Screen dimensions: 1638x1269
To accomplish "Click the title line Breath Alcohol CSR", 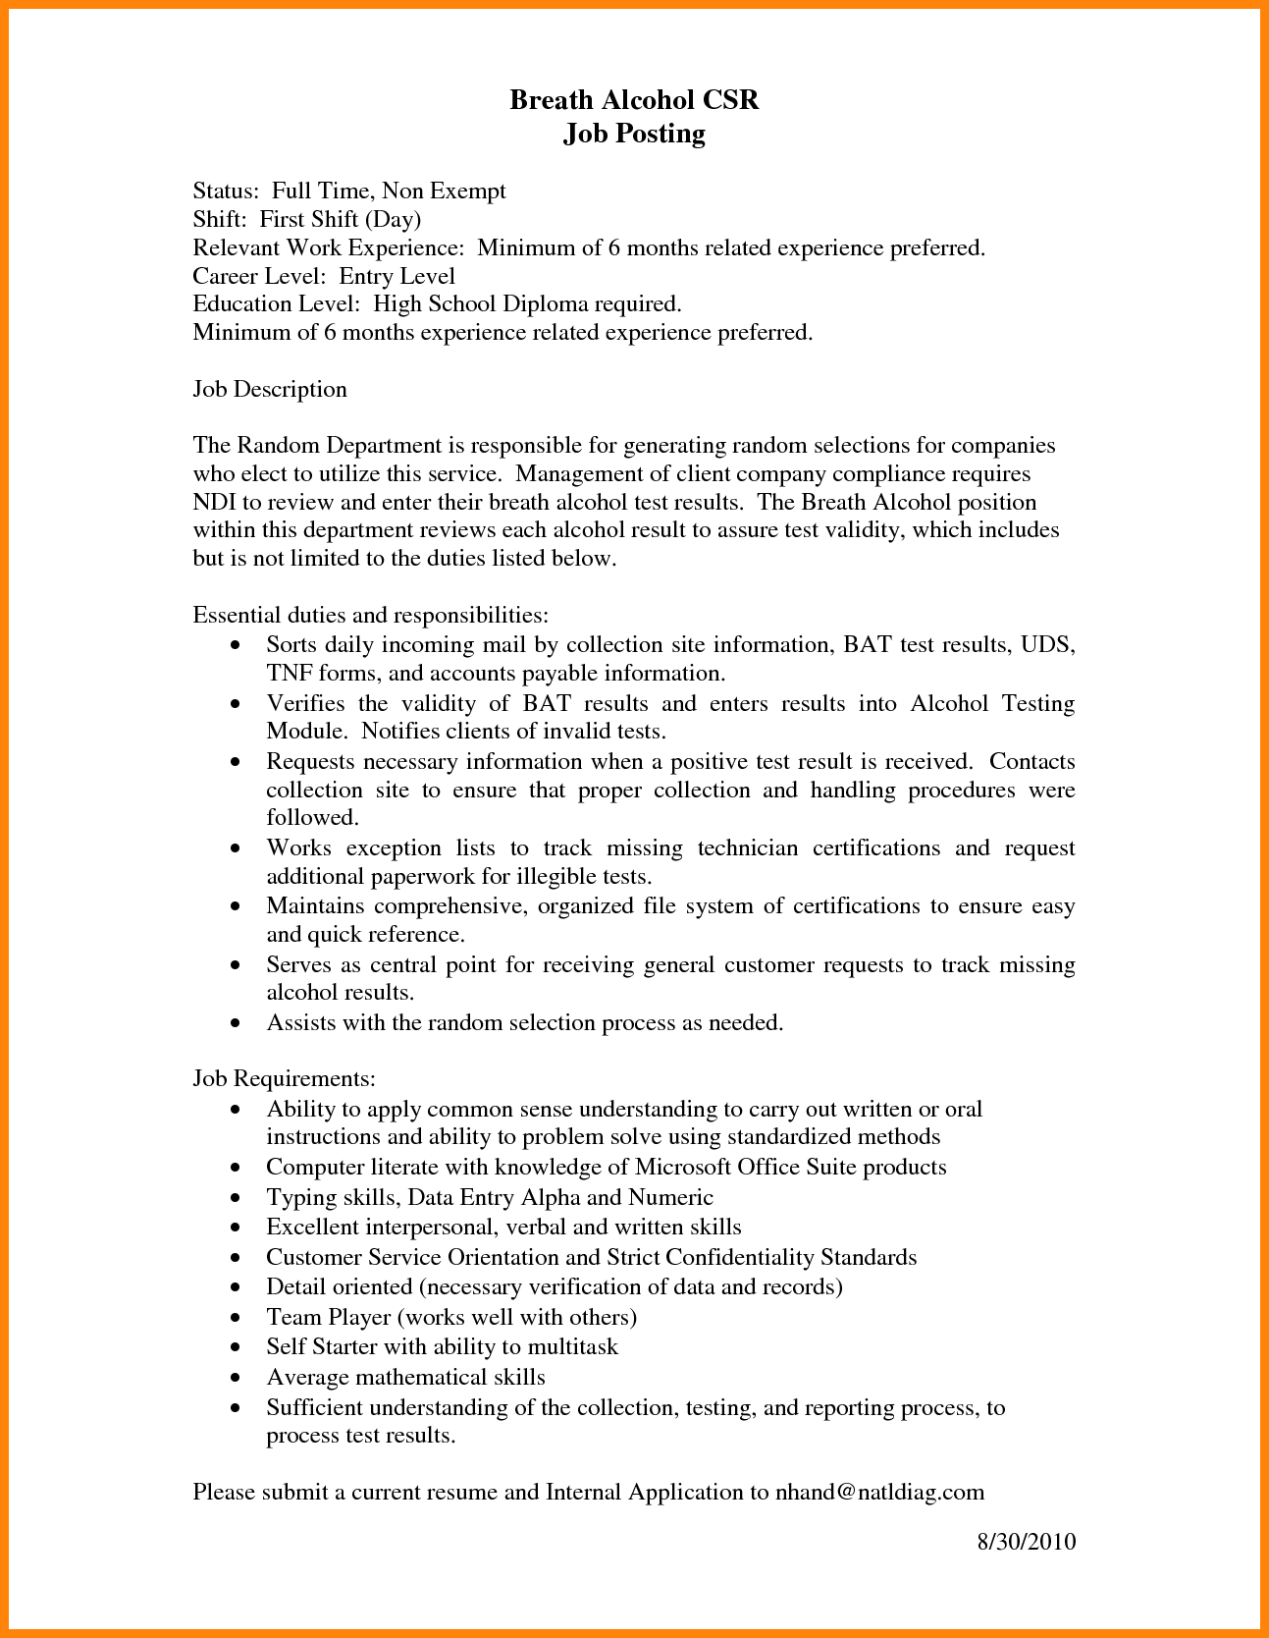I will click(634, 100).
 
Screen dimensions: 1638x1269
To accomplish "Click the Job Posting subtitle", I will click(634, 134).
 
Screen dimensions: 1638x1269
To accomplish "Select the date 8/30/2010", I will click(1027, 1541).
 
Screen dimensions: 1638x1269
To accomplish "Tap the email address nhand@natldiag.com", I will click(879, 1492).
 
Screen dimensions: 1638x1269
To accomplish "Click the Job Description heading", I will click(270, 389).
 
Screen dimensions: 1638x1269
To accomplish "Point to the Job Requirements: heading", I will click(285, 1078).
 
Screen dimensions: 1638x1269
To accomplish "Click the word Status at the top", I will click(225, 191).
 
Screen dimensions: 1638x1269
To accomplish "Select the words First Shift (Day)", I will click(341, 219).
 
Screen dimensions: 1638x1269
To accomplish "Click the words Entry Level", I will click(397, 276).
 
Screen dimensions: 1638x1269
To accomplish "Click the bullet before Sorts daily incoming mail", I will click(235, 646).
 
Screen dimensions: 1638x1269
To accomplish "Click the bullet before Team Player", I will click(235, 1318).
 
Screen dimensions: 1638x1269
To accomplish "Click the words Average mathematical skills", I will click(405, 1377).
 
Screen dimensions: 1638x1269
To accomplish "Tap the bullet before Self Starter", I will click(235, 1348).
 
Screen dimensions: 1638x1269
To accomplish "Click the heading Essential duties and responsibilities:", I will click(370, 615).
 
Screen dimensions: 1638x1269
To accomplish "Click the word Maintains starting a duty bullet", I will click(315, 905).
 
